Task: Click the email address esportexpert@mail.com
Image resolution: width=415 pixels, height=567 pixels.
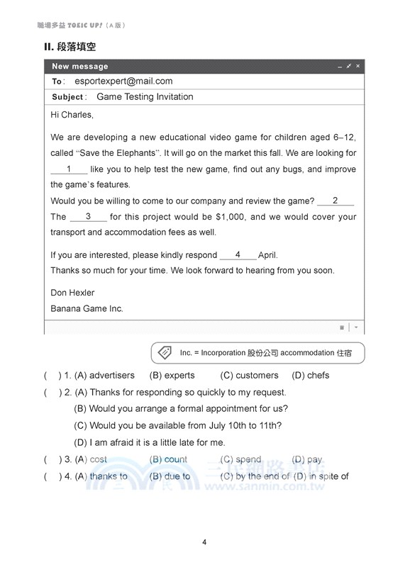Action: pos(123,82)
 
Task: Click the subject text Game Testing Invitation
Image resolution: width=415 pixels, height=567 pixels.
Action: pos(145,97)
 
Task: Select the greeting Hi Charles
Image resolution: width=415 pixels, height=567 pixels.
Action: pos(72,115)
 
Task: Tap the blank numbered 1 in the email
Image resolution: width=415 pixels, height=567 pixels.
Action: pos(69,169)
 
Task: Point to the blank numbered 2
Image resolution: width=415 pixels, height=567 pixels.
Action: pos(336,201)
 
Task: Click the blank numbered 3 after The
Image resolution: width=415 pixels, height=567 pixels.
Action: pos(88,217)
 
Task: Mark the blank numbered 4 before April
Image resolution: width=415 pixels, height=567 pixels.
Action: pos(238,255)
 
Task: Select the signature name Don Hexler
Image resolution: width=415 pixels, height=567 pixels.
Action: pos(72,293)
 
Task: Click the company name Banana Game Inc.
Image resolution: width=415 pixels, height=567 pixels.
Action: pos(87,308)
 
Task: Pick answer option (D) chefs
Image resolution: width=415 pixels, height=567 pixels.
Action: pos(311,376)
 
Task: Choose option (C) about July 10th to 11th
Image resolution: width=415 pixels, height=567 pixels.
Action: pos(178,426)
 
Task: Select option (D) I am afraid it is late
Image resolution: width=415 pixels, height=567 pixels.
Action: pos(150,443)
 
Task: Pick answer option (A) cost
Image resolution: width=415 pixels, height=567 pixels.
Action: pos(91,460)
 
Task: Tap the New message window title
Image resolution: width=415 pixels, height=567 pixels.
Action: pos(80,67)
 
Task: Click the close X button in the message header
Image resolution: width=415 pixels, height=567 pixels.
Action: pos(358,66)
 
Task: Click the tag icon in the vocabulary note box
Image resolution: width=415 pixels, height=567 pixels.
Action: pos(164,352)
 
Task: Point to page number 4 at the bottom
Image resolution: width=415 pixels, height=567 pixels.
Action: pos(204,543)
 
